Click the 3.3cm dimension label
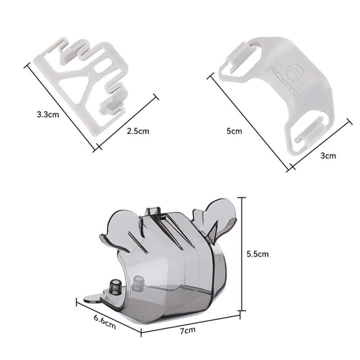[48, 114]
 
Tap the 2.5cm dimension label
[138, 131]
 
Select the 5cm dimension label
[234, 131]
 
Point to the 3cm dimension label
[328, 156]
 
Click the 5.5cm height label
[257, 254]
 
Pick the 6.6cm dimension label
[105, 321]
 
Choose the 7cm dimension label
[188, 331]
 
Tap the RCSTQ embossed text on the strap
[285, 82]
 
